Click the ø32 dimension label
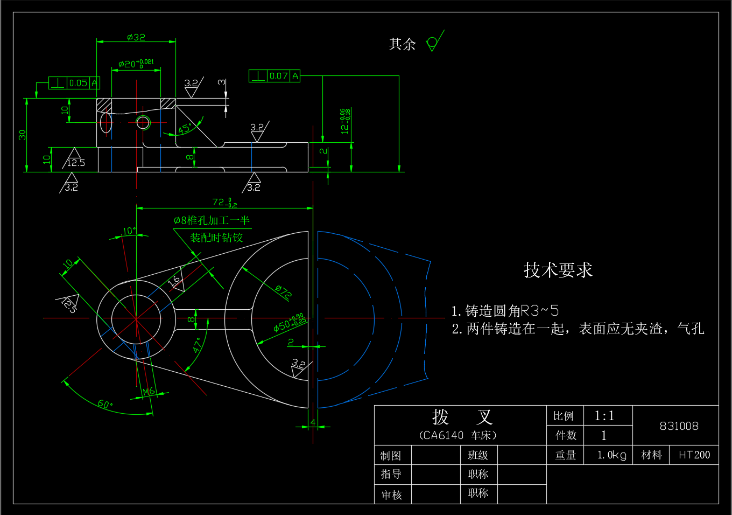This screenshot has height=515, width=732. pos(136,37)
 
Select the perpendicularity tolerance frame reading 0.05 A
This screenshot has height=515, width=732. pos(74,83)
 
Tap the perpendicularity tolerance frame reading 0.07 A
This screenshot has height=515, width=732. pos(274,76)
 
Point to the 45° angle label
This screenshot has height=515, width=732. pos(185,129)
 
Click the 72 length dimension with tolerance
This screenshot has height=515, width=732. pos(224,203)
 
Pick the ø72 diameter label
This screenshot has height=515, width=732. pos(283,291)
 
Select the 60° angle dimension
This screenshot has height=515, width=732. pos(105,404)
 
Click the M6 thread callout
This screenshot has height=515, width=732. pos(149,392)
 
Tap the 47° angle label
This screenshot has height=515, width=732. pos(197,345)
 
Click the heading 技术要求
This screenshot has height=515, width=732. pos(558,270)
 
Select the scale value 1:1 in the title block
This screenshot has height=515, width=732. pos(604,416)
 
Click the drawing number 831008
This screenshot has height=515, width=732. pos(679,426)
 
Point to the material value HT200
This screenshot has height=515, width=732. pos(694,455)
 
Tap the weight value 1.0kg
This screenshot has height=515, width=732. pos(611,455)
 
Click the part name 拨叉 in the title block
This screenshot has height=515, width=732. pos(462,417)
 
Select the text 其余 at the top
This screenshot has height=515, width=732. pos(402,44)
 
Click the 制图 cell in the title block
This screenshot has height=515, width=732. pos(391,456)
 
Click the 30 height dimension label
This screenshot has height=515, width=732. pos(22,135)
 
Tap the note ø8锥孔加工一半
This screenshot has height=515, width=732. pos(212,220)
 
